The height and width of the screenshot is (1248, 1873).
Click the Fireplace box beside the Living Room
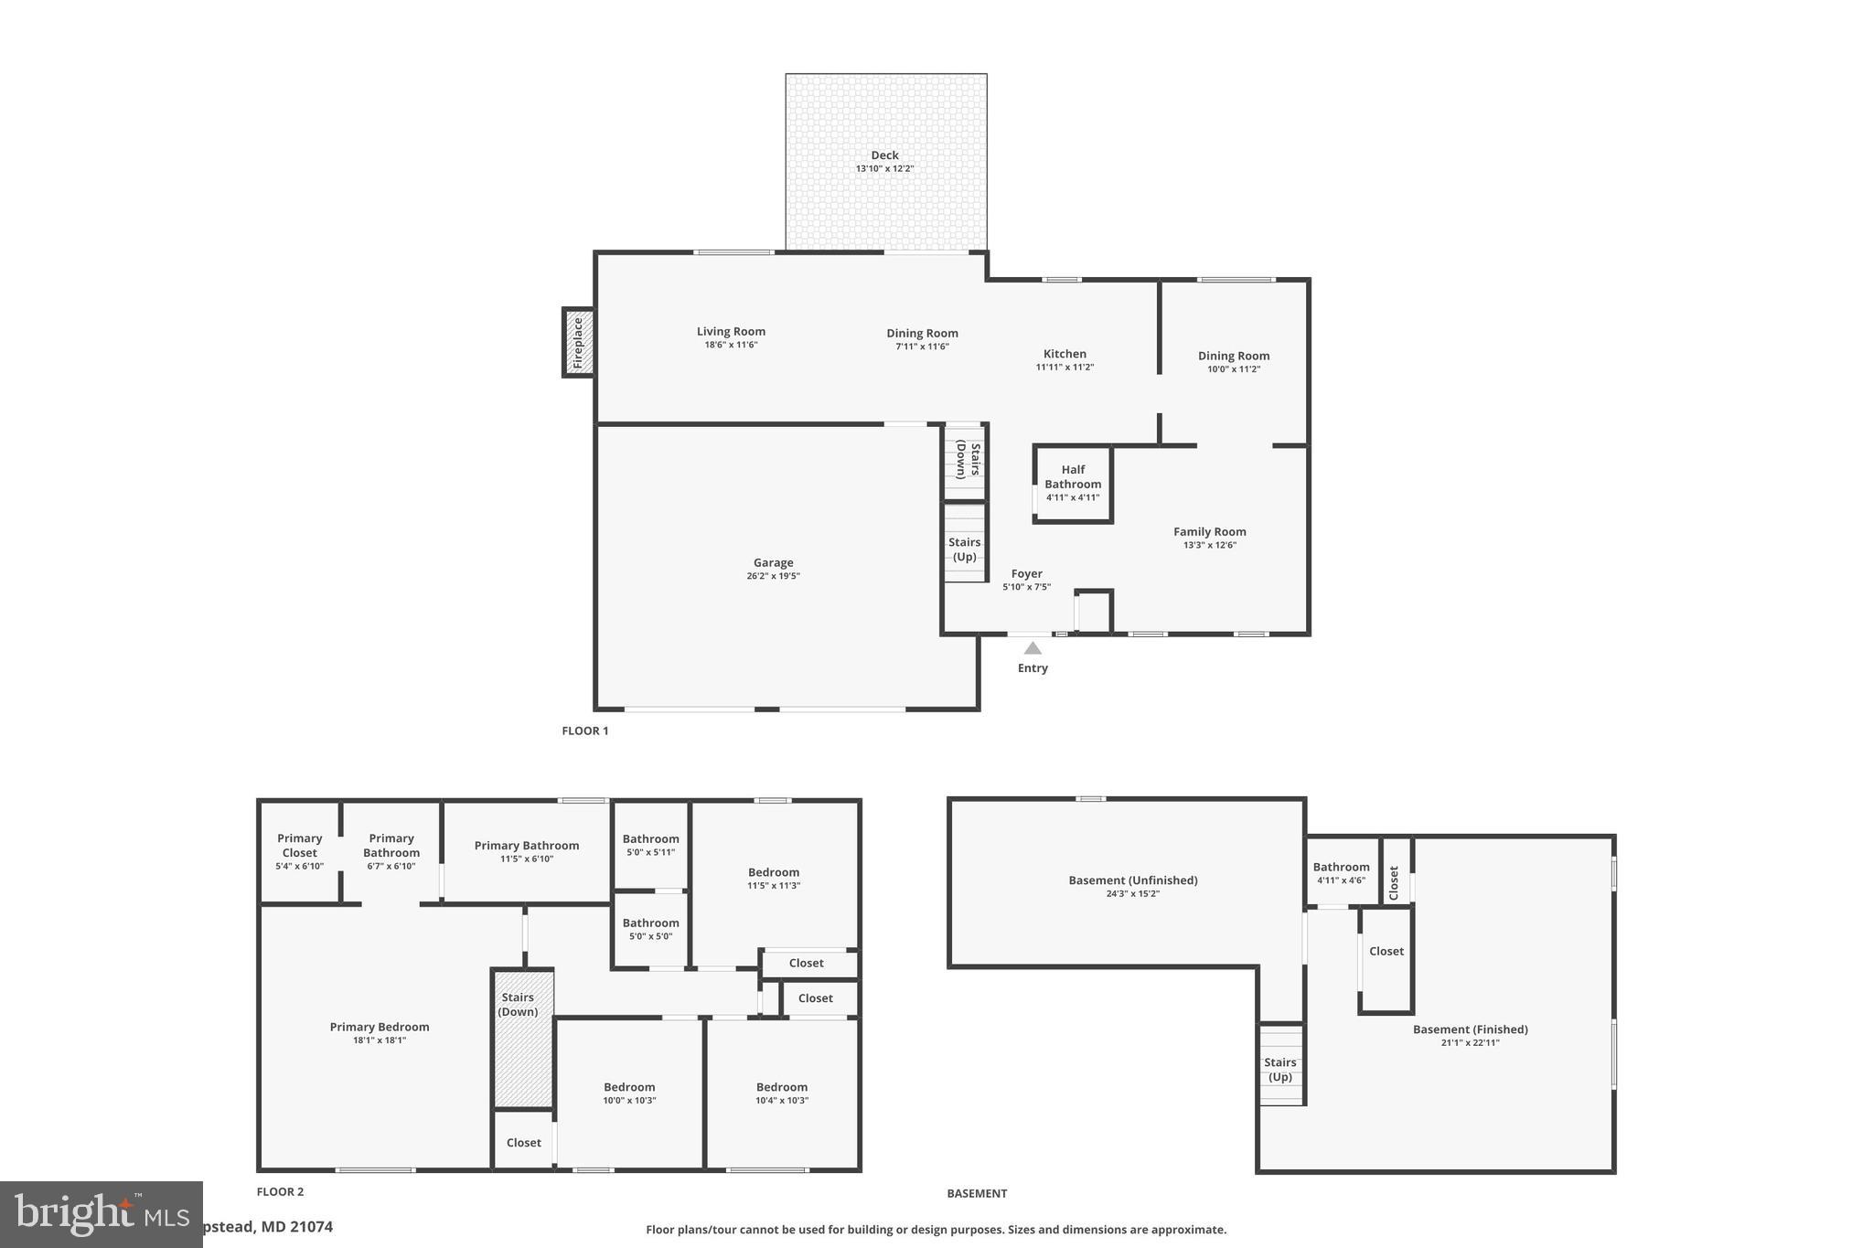pyautogui.click(x=578, y=343)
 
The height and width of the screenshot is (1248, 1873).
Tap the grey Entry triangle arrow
pyautogui.click(x=1033, y=648)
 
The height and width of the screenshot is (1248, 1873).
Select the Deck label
pyautogui.click(x=884, y=155)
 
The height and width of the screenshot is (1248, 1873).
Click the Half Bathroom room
pyautogui.click(x=1073, y=484)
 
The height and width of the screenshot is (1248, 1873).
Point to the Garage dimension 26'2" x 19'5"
pyautogui.click(x=773, y=576)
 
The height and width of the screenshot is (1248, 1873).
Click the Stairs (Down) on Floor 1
pyautogui.click(x=965, y=461)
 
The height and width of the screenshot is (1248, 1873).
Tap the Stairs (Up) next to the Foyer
pyautogui.click(x=965, y=549)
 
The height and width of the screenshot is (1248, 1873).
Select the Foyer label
pyautogui.click(x=1026, y=574)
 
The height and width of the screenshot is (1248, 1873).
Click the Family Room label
pyautogui.click(x=1209, y=532)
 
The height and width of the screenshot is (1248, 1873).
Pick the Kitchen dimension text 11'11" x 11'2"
pyautogui.click(x=1065, y=368)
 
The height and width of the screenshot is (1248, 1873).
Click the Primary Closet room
pyautogui.click(x=300, y=851)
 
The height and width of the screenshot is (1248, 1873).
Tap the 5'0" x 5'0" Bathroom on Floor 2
pyautogui.click(x=650, y=929)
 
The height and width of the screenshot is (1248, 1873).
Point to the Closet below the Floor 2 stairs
pyautogui.click(x=523, y=1143)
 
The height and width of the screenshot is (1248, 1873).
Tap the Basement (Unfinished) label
pyautogui.click(x=1132, y=880)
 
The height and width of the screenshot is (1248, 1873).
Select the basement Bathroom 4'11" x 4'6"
pyautogui.click(x=1341, y=873)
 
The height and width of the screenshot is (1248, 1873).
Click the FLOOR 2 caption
pyautogui.click(x=280, y=1192)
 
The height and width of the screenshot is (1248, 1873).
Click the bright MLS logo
pyautogui.click(x=101, y=1214)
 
